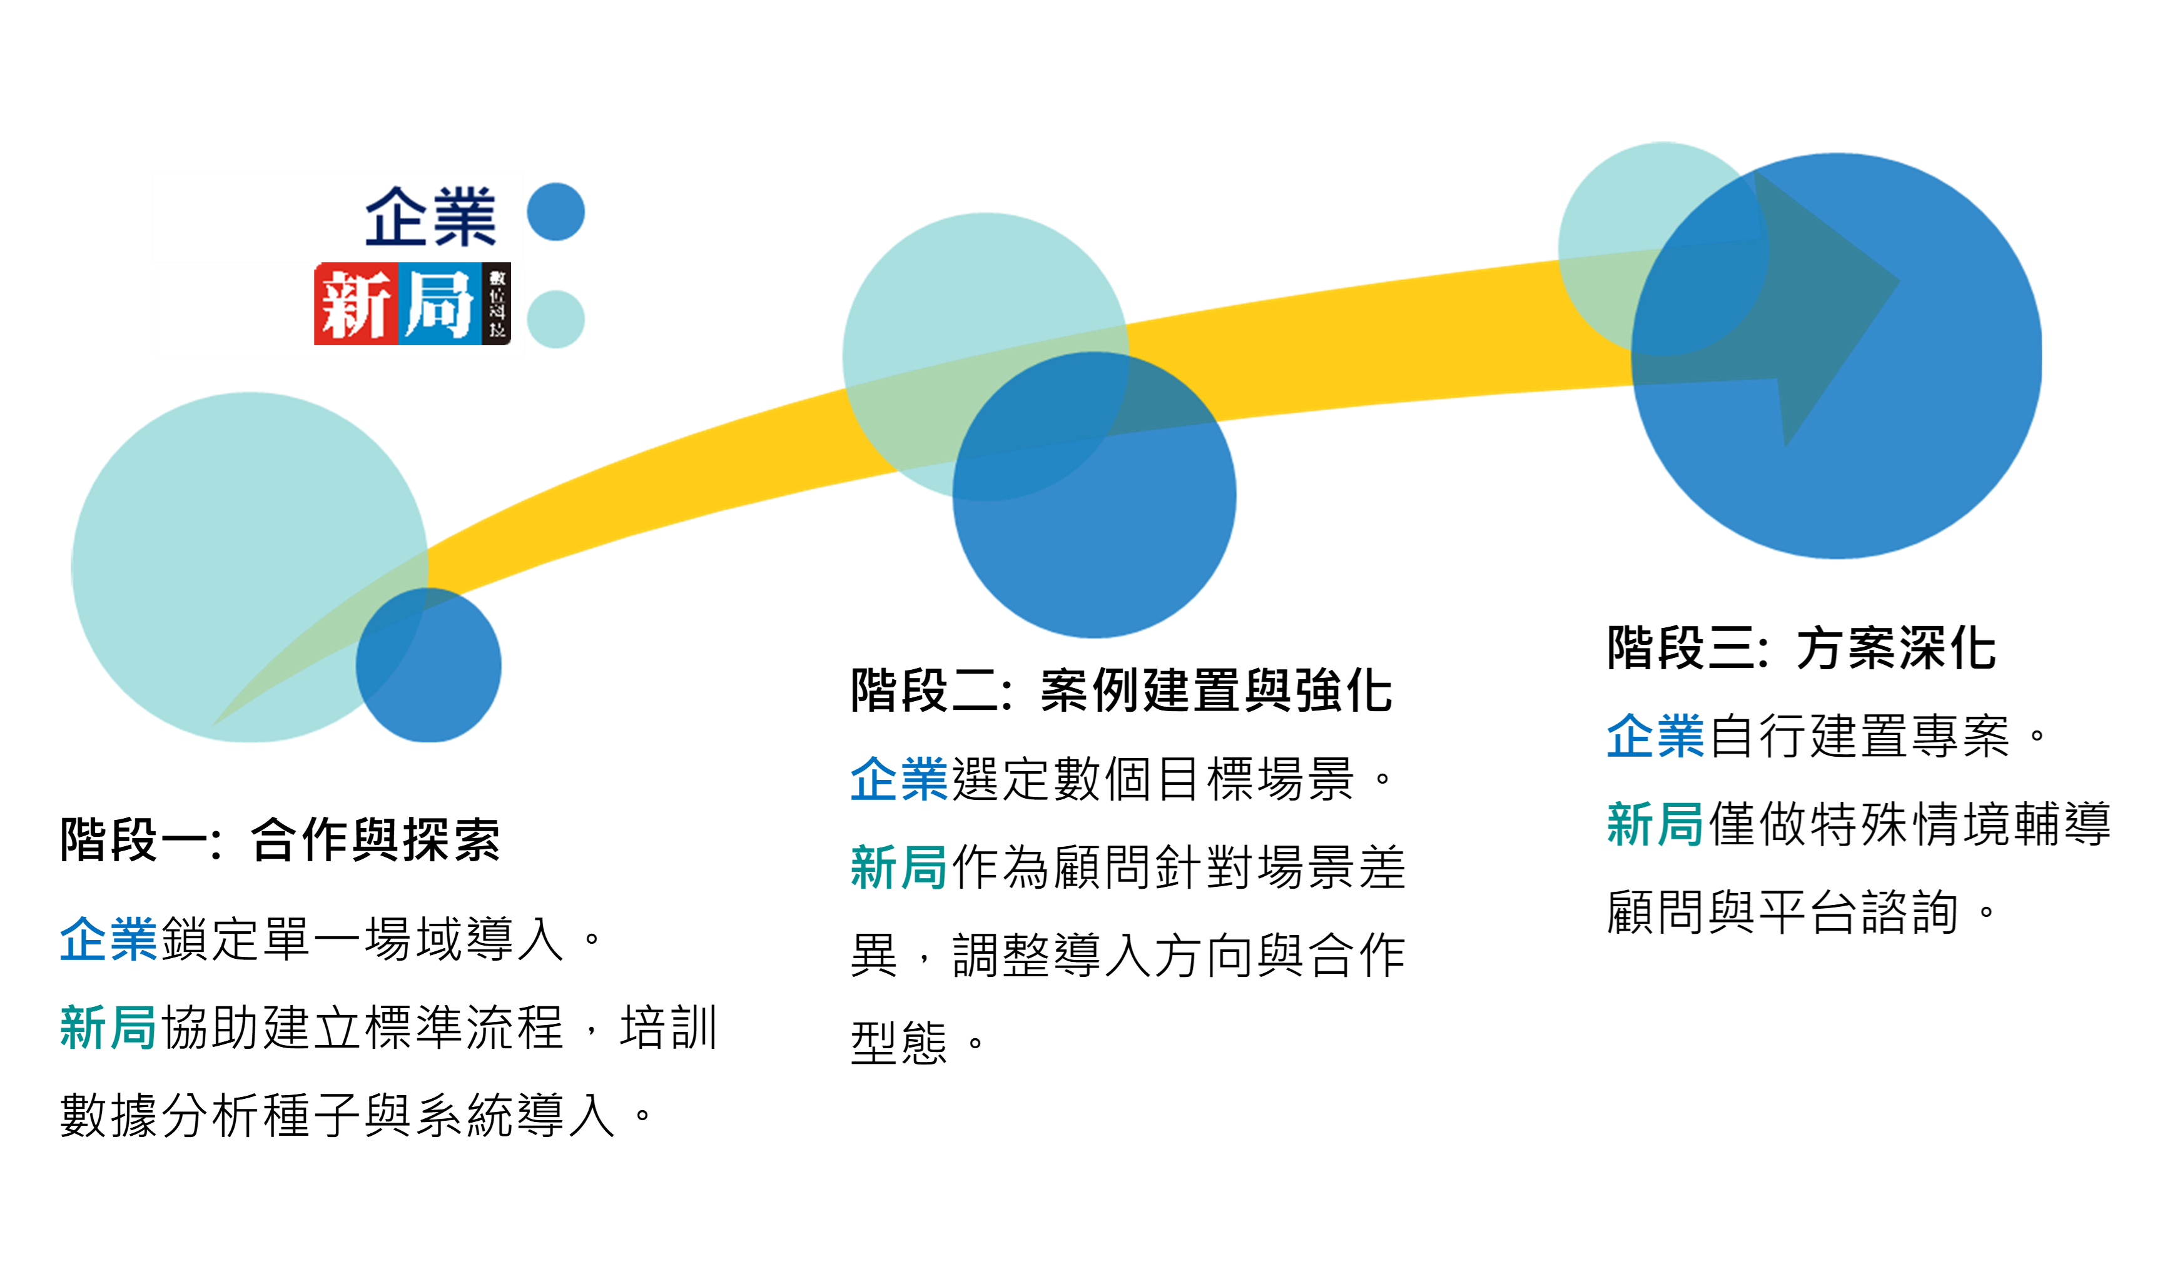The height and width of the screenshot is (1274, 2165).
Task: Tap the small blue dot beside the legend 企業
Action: pos(556,211)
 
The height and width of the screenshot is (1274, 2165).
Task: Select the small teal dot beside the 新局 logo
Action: pos(556,319)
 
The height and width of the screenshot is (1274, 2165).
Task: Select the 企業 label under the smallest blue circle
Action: pos(108,938)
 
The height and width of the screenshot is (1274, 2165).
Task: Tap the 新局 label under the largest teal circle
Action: pos(108,1028)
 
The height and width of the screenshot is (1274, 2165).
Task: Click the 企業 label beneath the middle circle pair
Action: pos(899,779)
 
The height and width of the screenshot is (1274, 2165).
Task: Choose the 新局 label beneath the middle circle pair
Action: pos(899,867)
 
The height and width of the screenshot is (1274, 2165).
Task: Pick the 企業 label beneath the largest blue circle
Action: pos(1655,736)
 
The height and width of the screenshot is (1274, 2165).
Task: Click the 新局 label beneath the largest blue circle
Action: pos(1655,825)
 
